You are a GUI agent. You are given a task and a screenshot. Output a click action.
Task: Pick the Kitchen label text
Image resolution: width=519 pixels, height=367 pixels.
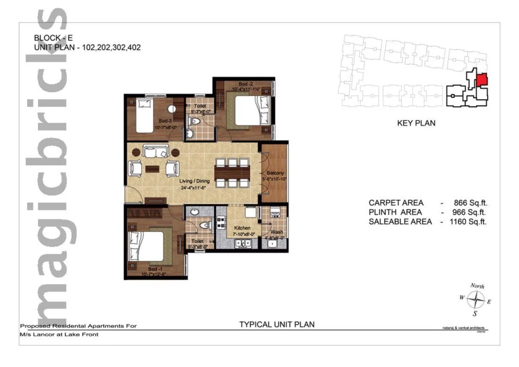tap(243, 228)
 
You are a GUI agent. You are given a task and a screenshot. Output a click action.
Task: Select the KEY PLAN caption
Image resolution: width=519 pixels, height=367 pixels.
tap(416, 123)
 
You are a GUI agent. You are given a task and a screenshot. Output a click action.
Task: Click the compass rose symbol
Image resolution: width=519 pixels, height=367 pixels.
tap(478, 299)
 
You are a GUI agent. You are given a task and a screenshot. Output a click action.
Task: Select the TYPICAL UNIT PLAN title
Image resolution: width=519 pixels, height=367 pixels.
tap(276, 324)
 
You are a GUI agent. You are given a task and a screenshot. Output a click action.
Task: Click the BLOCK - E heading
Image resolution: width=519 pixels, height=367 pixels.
tap(54, 37)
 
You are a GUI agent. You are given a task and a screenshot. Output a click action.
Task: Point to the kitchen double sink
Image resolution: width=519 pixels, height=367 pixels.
tap(244, 243)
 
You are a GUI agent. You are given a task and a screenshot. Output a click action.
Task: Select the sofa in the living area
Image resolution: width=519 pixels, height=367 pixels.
tap(156, 151)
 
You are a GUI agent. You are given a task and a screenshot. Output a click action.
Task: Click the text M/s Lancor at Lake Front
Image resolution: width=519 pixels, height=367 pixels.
tap(59, 334)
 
